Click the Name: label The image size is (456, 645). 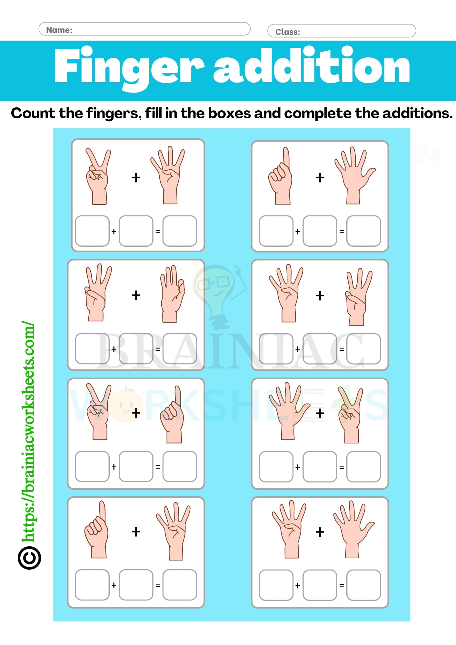[59, 30]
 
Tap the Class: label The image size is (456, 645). [287, 32]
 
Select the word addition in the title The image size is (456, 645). [311, 66]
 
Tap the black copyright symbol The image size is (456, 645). [29, 558]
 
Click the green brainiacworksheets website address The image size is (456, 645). [28, 432]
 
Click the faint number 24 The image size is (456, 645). [429, 156]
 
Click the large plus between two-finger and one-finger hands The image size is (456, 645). [136, 413]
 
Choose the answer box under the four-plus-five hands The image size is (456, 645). [363, 585]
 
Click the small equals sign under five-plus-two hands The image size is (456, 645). [342, 467]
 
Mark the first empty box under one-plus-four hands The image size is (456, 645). [92, 585]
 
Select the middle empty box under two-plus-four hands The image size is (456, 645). [136, 231]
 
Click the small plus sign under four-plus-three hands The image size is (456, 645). [298, 349]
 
